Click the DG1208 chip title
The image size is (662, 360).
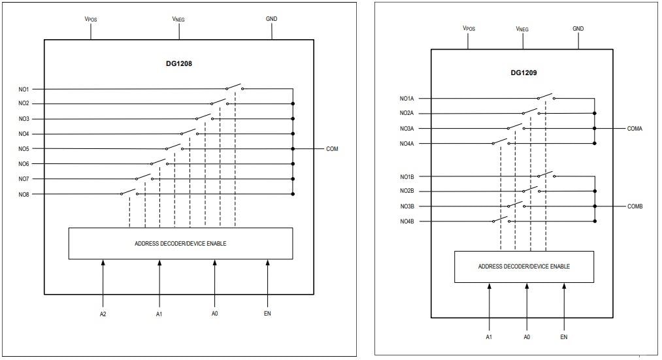tap(178, 64)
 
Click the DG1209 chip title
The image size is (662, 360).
tap(523, 74)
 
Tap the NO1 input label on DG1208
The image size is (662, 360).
tap(24, 89)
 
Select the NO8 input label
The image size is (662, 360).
tap(24, 194)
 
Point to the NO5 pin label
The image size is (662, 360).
tap(24, 149)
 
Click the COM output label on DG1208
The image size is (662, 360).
tap(332, 149)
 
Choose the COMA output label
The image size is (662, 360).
tap(635, 129)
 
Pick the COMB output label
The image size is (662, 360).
tap(635, 206)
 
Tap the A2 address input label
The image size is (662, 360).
tap(103, 314)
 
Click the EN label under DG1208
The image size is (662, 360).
tap(267, 314)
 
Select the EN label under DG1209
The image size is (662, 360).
tap(564, 336)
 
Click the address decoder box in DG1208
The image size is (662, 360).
tap(180, 244)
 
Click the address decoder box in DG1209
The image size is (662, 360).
tap(524, 267)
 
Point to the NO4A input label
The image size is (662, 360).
tap(406, 144)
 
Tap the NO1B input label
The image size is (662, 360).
tap(406, 176)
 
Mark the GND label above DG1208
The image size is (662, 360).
tap(271, 19)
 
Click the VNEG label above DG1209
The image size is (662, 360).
tap(522, 29)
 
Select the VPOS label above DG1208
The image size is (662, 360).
tap(91, 19)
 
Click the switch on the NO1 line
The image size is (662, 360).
tap(235, 87)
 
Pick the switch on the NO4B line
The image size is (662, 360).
tap(501, 220)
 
